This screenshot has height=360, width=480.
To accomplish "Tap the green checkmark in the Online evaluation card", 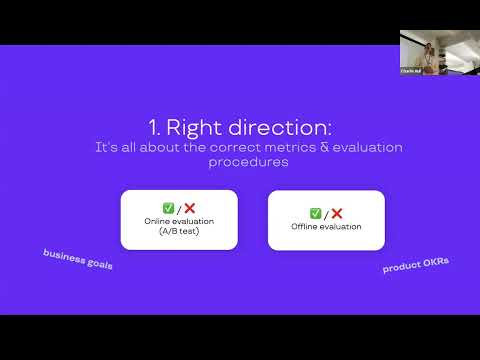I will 167,208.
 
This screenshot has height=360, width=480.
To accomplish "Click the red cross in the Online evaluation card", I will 189,208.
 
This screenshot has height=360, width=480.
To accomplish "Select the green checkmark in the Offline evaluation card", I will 315,213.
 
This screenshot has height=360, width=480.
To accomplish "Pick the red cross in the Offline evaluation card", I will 337,213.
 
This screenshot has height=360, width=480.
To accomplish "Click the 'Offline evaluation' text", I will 326,226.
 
